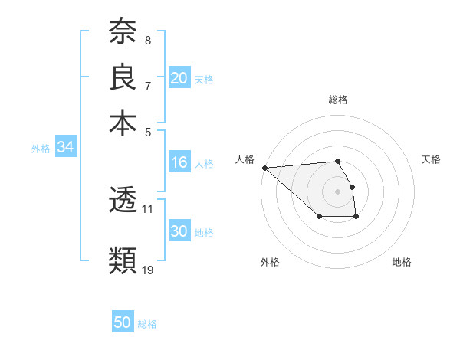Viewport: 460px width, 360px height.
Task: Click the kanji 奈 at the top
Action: click(x=123, y=33)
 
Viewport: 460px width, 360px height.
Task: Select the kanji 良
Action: click(x=123, y=77)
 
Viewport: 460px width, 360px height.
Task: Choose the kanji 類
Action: click(x=123, y=260)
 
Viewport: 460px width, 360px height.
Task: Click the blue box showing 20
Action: click(x=179, y=78)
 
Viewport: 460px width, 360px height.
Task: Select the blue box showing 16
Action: click(x=179, y=162)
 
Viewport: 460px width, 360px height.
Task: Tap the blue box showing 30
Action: click(x=179, y=232)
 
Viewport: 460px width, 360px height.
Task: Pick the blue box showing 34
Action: click(x=65, y=148)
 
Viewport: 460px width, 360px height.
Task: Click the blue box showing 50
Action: click(x=123, y=322)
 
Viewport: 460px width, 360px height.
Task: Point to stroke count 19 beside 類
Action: click(x=148, y=269)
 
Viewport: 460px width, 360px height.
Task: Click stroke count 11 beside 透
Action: click(x=148, y=208)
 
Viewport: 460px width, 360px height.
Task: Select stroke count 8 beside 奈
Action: click(x=148, y=40)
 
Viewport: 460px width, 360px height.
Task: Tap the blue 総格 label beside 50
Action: click(x=147, y=324)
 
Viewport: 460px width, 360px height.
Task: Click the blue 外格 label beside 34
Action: click(x=41, y=149)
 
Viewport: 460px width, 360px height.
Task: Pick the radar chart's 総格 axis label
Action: click(x=338, y=100)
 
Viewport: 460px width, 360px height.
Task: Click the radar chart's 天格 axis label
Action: click(x=431, y=159)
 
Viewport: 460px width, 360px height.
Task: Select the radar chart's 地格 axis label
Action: click(x=402, y=262)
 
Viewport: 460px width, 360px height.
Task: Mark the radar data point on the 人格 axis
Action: click(x=264, y=168)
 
